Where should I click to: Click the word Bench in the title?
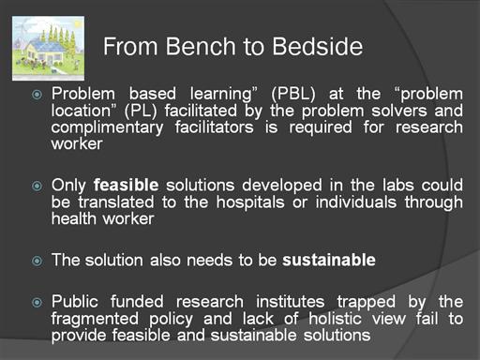click(201, 46)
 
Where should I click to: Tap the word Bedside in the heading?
click(317, 46)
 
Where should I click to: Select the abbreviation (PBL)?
click(293, 94)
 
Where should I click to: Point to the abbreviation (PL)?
click(141, 111)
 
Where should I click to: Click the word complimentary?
click(107, 127)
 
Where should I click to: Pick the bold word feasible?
click(126, 185)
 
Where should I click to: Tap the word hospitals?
click(250, 202)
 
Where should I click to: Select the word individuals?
click(356, 202)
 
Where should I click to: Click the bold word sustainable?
click(329, 260)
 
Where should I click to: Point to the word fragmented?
click(95, 320)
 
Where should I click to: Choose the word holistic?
click(335, 319)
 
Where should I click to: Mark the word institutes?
click(290, 302)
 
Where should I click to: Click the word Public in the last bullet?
click(75, 302)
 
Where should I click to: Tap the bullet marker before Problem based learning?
click(37, 95)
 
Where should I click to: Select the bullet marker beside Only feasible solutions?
click(37, 186)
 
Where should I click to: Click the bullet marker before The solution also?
click(37, 261)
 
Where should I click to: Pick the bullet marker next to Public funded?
click(37, 302)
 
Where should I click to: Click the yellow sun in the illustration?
click(78, 22)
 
